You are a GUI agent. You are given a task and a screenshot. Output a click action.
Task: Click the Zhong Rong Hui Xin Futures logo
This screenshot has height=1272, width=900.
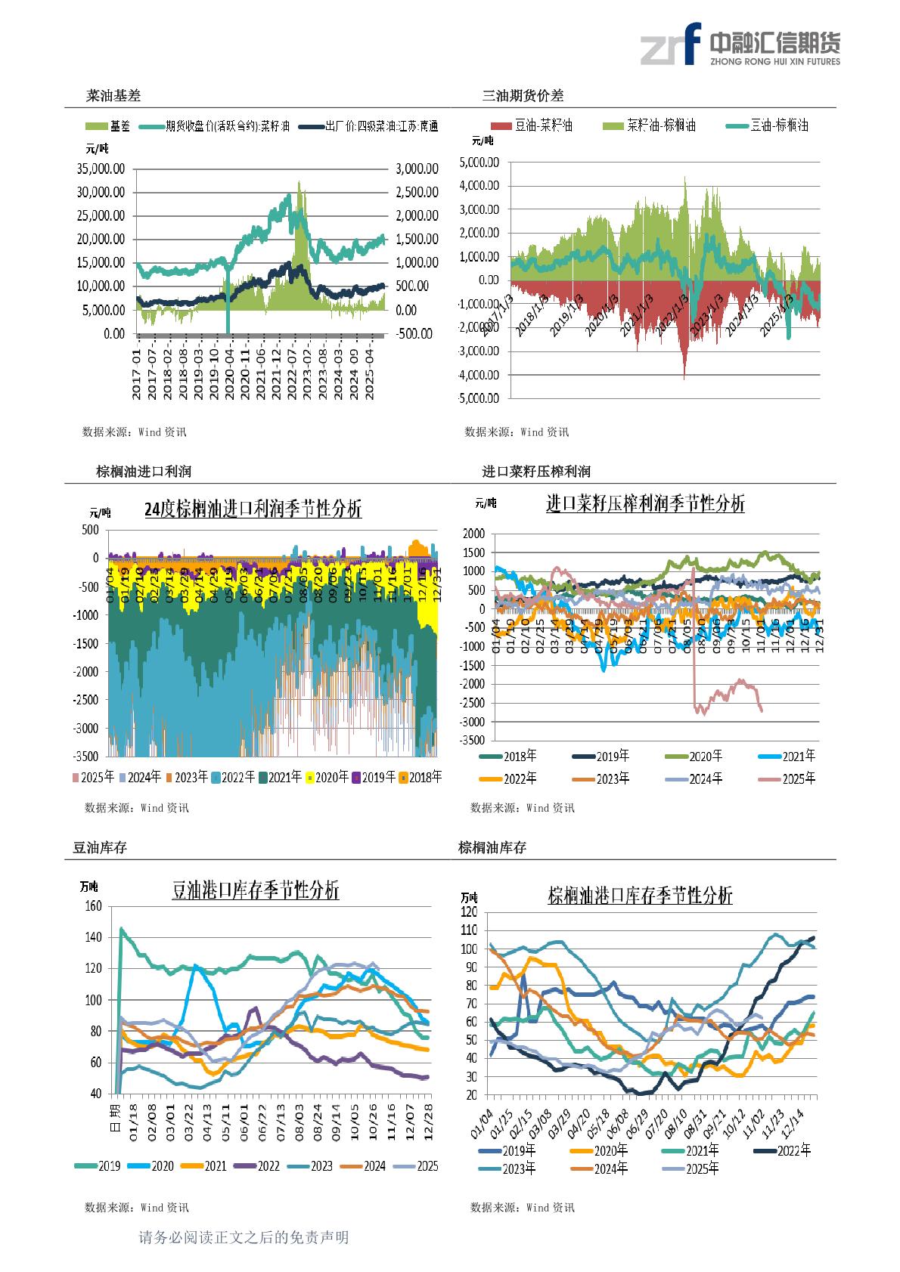(739, 45)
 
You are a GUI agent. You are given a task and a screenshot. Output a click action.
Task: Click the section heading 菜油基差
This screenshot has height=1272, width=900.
(113, 96)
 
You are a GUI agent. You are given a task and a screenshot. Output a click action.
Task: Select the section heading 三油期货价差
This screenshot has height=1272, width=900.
(523, 96)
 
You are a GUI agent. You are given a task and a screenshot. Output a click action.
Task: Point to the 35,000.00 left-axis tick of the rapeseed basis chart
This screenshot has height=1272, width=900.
(101, 168)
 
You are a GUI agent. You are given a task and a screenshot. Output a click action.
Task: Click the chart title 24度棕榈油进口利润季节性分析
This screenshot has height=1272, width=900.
(253, 509)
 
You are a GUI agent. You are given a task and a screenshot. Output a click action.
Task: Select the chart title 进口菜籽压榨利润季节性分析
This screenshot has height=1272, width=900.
(645, 503)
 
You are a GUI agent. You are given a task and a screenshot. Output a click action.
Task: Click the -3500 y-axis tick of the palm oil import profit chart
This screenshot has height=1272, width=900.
(87, 756)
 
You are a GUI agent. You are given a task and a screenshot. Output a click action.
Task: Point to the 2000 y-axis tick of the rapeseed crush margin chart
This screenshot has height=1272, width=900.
(473, 534)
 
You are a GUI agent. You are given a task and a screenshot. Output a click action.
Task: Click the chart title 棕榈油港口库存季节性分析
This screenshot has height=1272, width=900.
(640, 896)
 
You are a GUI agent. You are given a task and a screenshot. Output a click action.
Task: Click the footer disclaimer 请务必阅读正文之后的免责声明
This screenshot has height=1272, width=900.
(244, 1237)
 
